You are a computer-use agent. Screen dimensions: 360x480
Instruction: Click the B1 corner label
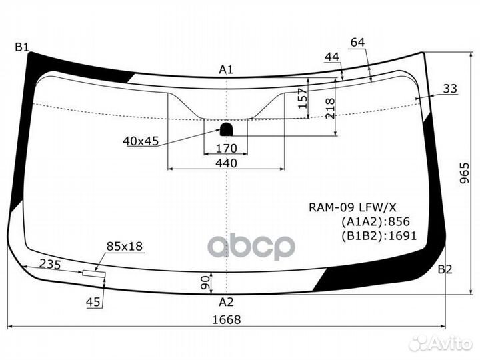(x=21, y=47)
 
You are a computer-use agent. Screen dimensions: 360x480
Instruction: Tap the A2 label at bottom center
(x=227, y=301)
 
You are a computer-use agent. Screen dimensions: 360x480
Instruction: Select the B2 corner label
(x=445, y=270)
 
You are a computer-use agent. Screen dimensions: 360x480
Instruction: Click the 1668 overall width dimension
(x=227, y=319)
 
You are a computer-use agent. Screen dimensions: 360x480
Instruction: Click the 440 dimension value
(x=227, y=163)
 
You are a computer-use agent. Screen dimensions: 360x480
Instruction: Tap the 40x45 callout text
(x=141, y=141)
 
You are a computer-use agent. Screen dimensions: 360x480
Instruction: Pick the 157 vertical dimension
(x=302, y=99)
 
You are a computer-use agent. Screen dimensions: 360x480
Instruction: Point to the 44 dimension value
(x=332, y=57)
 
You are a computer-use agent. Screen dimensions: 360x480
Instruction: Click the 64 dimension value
(x=357, y=43)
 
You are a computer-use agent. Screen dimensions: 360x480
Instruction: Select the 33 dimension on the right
(x=450, y=88)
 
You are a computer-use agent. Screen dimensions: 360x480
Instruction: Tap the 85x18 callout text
(x=125, y=247)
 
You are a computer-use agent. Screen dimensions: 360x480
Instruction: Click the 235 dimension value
(x=50, y=265)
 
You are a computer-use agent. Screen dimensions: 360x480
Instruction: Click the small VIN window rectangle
(x=93, y=273)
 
